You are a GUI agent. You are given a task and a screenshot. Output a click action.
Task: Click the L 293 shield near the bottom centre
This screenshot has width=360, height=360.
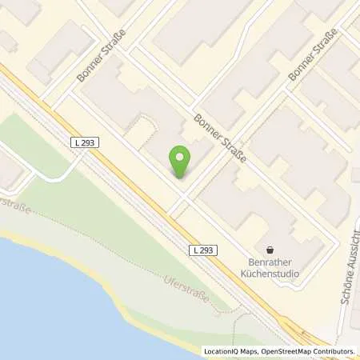203,250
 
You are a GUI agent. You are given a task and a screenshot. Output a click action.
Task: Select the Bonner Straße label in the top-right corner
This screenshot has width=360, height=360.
314,54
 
